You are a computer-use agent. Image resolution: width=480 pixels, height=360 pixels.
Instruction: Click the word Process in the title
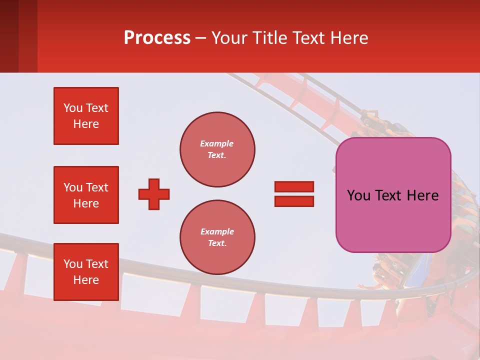[x=157, y=38]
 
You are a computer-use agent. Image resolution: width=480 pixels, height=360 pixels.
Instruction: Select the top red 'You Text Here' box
[x=86, y=116]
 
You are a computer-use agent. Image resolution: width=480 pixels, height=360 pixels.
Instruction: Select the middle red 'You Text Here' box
[x=86, y=195]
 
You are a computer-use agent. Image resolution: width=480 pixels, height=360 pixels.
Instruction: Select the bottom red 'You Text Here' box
[x=86, y=272]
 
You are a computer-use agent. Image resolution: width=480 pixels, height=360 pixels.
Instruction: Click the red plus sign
[x=154, y=194]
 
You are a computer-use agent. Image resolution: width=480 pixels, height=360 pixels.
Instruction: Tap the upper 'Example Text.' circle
[x=217, y=149]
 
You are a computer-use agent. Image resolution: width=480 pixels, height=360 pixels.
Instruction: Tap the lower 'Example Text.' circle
[x=217, y=237]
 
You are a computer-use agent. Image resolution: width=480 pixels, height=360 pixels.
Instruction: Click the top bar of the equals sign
[x=294, y=186]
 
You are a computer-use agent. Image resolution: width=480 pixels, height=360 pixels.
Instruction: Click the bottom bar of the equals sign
[x=294, y=201]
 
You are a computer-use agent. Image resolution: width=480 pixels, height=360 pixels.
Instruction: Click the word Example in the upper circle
[x=217, y=143]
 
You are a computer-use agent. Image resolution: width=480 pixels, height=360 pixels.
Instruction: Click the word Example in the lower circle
[x=217, y=231]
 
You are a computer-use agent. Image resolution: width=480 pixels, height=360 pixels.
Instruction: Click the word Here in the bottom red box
[x=86, y=280]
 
